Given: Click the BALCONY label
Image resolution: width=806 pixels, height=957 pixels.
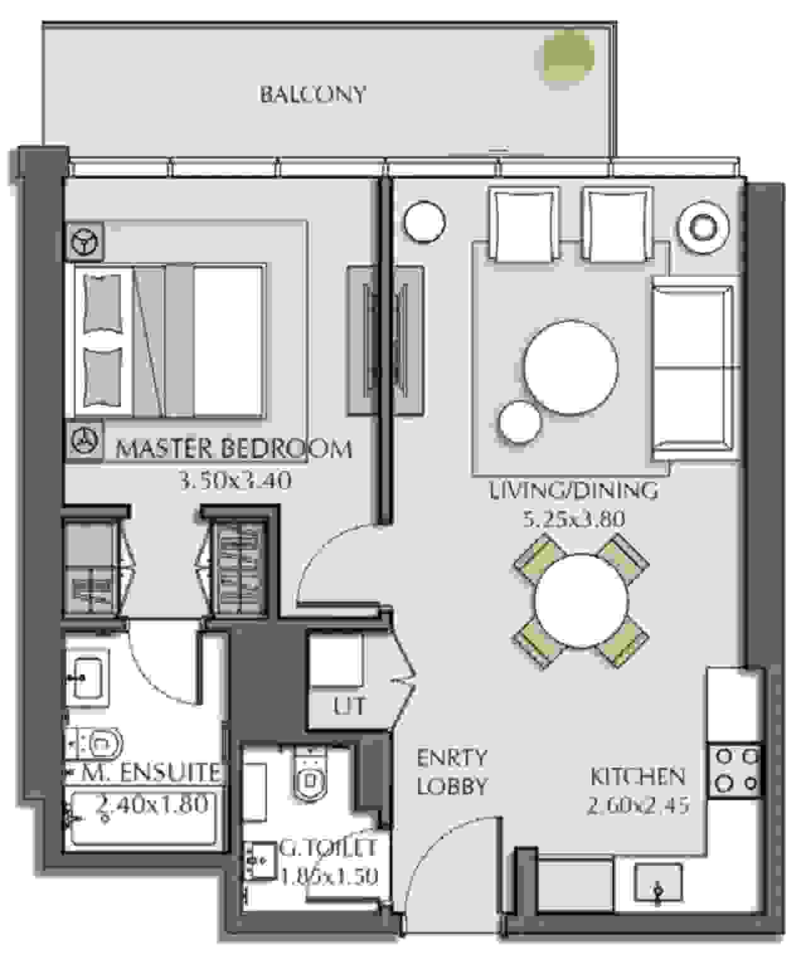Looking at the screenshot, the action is pyautogui.click(x=314, y=94).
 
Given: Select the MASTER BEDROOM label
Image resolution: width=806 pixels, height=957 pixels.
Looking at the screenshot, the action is pyautogui.click(x=234, y=449).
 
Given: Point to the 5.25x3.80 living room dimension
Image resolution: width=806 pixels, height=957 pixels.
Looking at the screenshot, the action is pyautogui.click(x=574, y=519).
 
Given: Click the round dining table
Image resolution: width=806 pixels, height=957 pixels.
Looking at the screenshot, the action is pyautogui.click(x=581, y=602).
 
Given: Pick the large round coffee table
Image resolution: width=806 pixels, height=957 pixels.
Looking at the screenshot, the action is pyautogui.click(x=570, y=367).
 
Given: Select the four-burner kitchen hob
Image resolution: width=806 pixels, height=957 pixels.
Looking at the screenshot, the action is pyautogui.click(x=735, y=771).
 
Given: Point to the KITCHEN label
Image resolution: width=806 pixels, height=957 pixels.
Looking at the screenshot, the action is pyautogui.click(x=638, y=776).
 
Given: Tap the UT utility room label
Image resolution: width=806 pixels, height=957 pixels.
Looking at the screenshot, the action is pyautogui.click(x=349, y=707).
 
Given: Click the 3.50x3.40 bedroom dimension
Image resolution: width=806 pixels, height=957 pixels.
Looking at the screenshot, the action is pyautogui.click(x=236, y=481).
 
